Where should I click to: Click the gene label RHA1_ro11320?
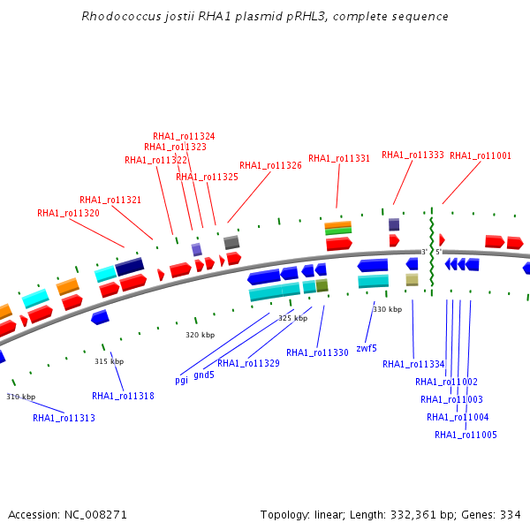(68, 213)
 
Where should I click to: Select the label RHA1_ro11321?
(110, 200)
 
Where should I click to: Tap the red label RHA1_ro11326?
(270, 165)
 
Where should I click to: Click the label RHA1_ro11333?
(413, 155)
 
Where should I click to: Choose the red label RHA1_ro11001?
(480, 155)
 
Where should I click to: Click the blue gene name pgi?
(182, 380)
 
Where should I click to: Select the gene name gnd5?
(204, 374)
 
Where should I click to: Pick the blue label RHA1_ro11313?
(64, 418)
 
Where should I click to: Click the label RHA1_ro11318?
(123, 396)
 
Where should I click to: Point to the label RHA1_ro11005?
(466, 435)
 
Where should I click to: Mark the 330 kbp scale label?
(387, 309)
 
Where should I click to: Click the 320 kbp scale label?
(200, 335)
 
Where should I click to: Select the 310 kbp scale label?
(21, 397)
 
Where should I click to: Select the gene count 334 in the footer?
(511, 514)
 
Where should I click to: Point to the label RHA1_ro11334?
(413, 363)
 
